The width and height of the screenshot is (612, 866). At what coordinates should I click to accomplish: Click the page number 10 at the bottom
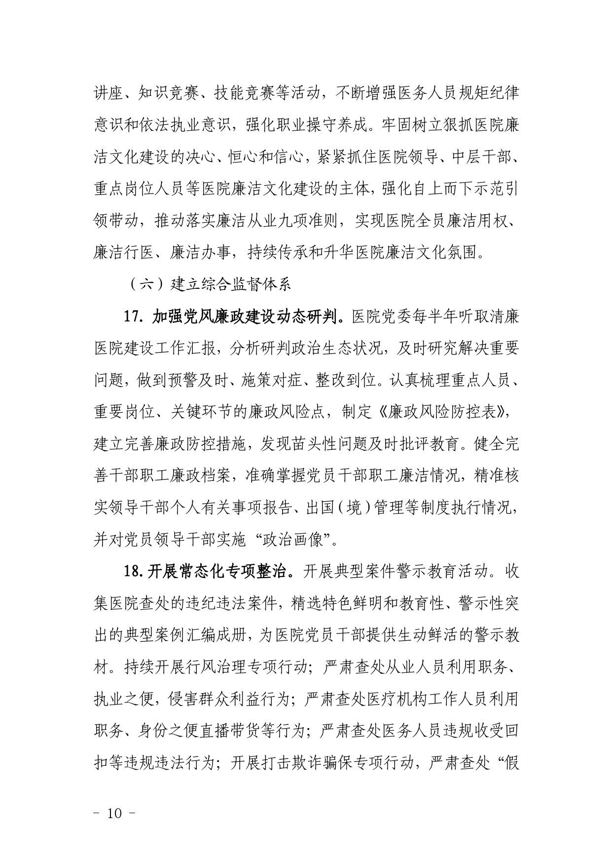(x=114, y=814)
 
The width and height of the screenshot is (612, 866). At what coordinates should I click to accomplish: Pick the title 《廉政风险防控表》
(x=441, y=413)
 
